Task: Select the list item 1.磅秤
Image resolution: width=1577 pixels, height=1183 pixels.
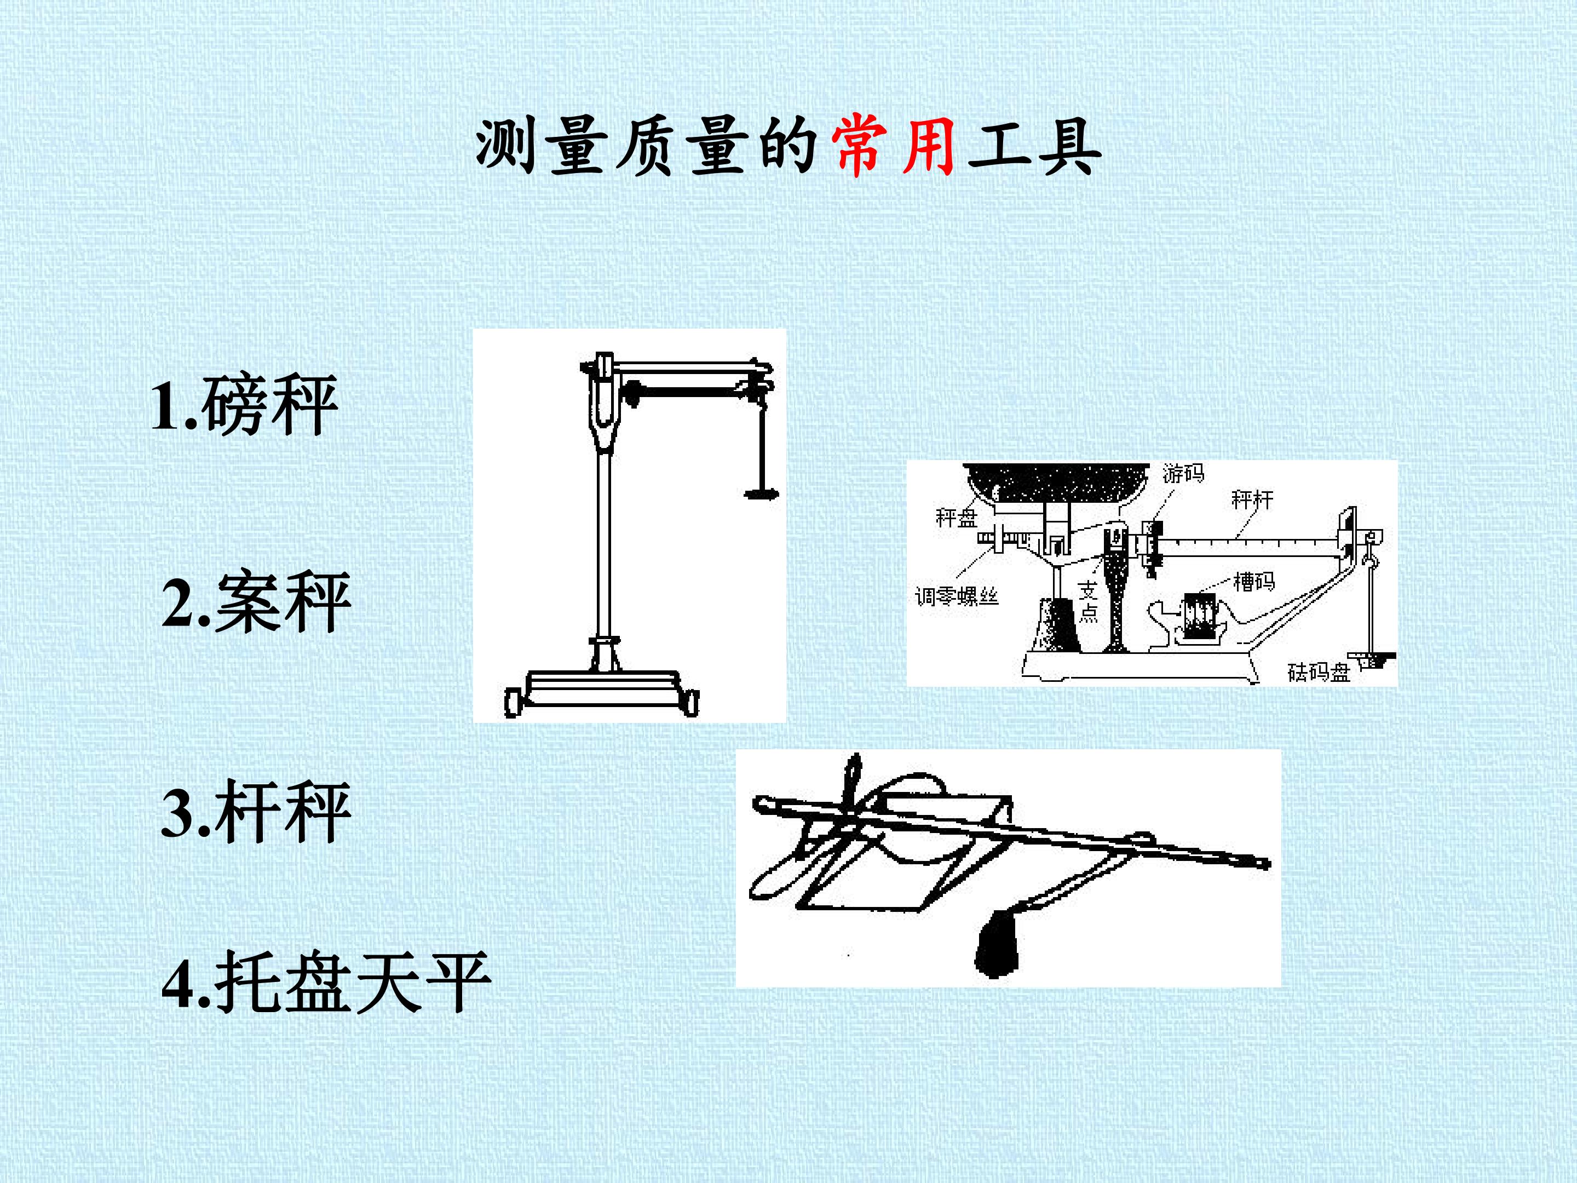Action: click(x=244, y=406)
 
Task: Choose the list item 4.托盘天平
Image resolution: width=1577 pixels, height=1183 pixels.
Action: click(x=326, y=981)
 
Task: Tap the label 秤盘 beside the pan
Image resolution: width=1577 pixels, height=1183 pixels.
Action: click(x=956, y=517)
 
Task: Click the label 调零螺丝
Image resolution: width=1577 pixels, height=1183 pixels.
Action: click(x=958, y=595)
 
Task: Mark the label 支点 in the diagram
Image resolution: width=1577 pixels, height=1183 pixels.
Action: click(x=1088, y=600)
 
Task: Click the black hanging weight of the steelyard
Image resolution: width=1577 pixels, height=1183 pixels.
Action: click(x=999, y=940)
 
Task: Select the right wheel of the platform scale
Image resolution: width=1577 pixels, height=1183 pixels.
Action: click(x=691, y=702)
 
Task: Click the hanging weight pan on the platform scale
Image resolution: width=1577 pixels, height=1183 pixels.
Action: click(x=761, y=493)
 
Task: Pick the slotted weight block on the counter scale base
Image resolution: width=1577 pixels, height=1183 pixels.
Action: click(x=1200, y=615)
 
